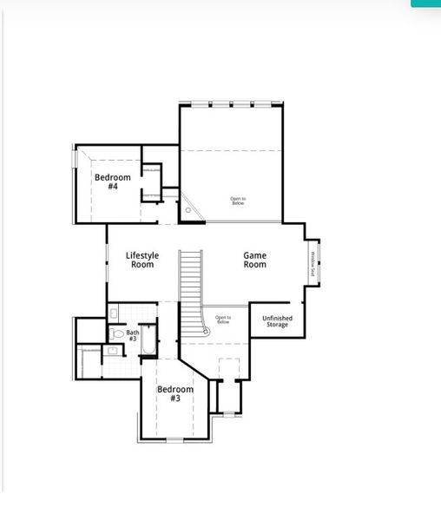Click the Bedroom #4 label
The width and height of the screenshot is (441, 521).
pyautogui.click(x=113, y=181)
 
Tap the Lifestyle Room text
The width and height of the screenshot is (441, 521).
pyautogui.click(x=142, y=260)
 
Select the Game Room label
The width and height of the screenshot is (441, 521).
pyautogui.click(x=254, y=260)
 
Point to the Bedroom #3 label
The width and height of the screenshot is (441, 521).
pyautogui.click(x=175, y=393)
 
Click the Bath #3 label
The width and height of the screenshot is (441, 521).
pyautogui.click(x=133, y=335)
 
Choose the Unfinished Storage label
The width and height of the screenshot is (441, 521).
pyautogui.click(x=277, y=321)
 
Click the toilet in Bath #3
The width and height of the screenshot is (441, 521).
pyautogui.click(x=117, y=333)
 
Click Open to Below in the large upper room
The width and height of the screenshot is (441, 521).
pyautogui.click(x=238, y=201)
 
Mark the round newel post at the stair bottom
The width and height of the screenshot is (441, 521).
pyautogui.click(x=206, y=330)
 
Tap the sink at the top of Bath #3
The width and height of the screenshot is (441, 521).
pyautogui.click(x=115, y=313)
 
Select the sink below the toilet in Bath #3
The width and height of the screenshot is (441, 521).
pyautogui.click(x=113, y=351)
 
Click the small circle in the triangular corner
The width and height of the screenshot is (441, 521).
pyautogui.click(x=188, y=209)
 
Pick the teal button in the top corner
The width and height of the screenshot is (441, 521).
pyautogui.click(x=425, y=3)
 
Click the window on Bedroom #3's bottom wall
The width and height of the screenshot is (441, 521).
pyautogui.click(x=175, y=440)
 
